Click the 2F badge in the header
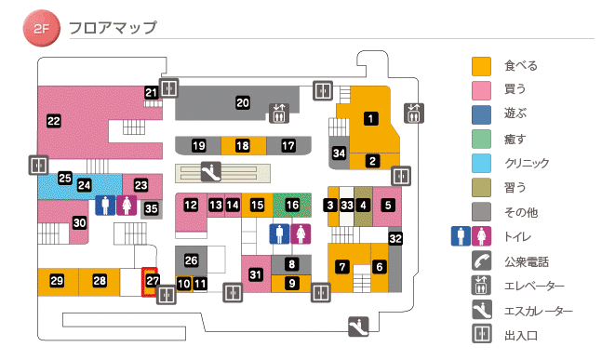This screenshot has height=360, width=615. [x=40, y=29]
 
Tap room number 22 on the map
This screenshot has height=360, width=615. [x=54, y=120]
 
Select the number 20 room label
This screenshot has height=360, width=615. [x=243, y=102]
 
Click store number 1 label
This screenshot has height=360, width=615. [x=370, y=118]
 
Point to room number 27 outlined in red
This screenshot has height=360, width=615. [x=153, y=281]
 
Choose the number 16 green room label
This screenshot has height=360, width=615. [x=293, y=205]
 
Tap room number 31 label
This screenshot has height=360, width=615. [x=256, y=273]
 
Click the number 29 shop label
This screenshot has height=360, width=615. [x=57, y=281]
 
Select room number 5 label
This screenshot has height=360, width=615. [x=388, y=205]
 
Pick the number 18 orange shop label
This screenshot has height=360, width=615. [x=243, y=146]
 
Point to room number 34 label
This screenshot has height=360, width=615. [x=340, y=153]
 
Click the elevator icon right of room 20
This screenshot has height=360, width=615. [x=279, y=113]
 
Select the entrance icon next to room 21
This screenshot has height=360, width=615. [x=168, y=88]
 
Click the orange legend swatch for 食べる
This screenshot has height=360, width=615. [x=481, y=66]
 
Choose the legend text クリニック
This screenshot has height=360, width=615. [x=526, y=163]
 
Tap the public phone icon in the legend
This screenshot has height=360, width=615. [x=481, y=261]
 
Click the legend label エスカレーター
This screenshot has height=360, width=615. [x=538, y=312]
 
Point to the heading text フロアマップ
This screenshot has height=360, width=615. [x=113, y=28]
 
